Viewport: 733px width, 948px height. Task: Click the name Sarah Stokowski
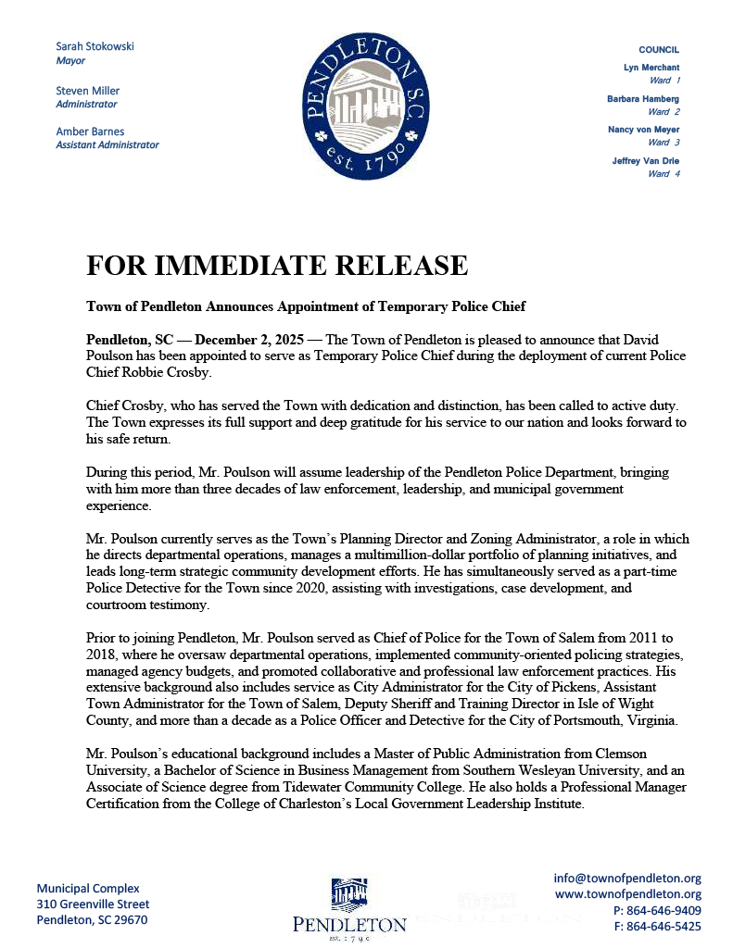(95, 46)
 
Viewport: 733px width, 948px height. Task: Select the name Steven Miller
(87, 91)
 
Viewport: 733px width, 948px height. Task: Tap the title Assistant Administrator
(107, 144)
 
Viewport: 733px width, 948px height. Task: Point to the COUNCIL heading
(659, 49)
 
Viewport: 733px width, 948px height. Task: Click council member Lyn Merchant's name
(651, 68)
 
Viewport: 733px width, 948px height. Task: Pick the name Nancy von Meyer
(643, 130)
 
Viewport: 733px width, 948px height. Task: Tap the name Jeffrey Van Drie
(646, 161)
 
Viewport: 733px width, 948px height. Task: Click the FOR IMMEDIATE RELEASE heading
(277, 266)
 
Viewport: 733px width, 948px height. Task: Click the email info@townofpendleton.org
(627, 878)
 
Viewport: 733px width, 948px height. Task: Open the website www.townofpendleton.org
(627, 894)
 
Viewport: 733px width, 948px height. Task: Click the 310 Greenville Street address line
(93, 904)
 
